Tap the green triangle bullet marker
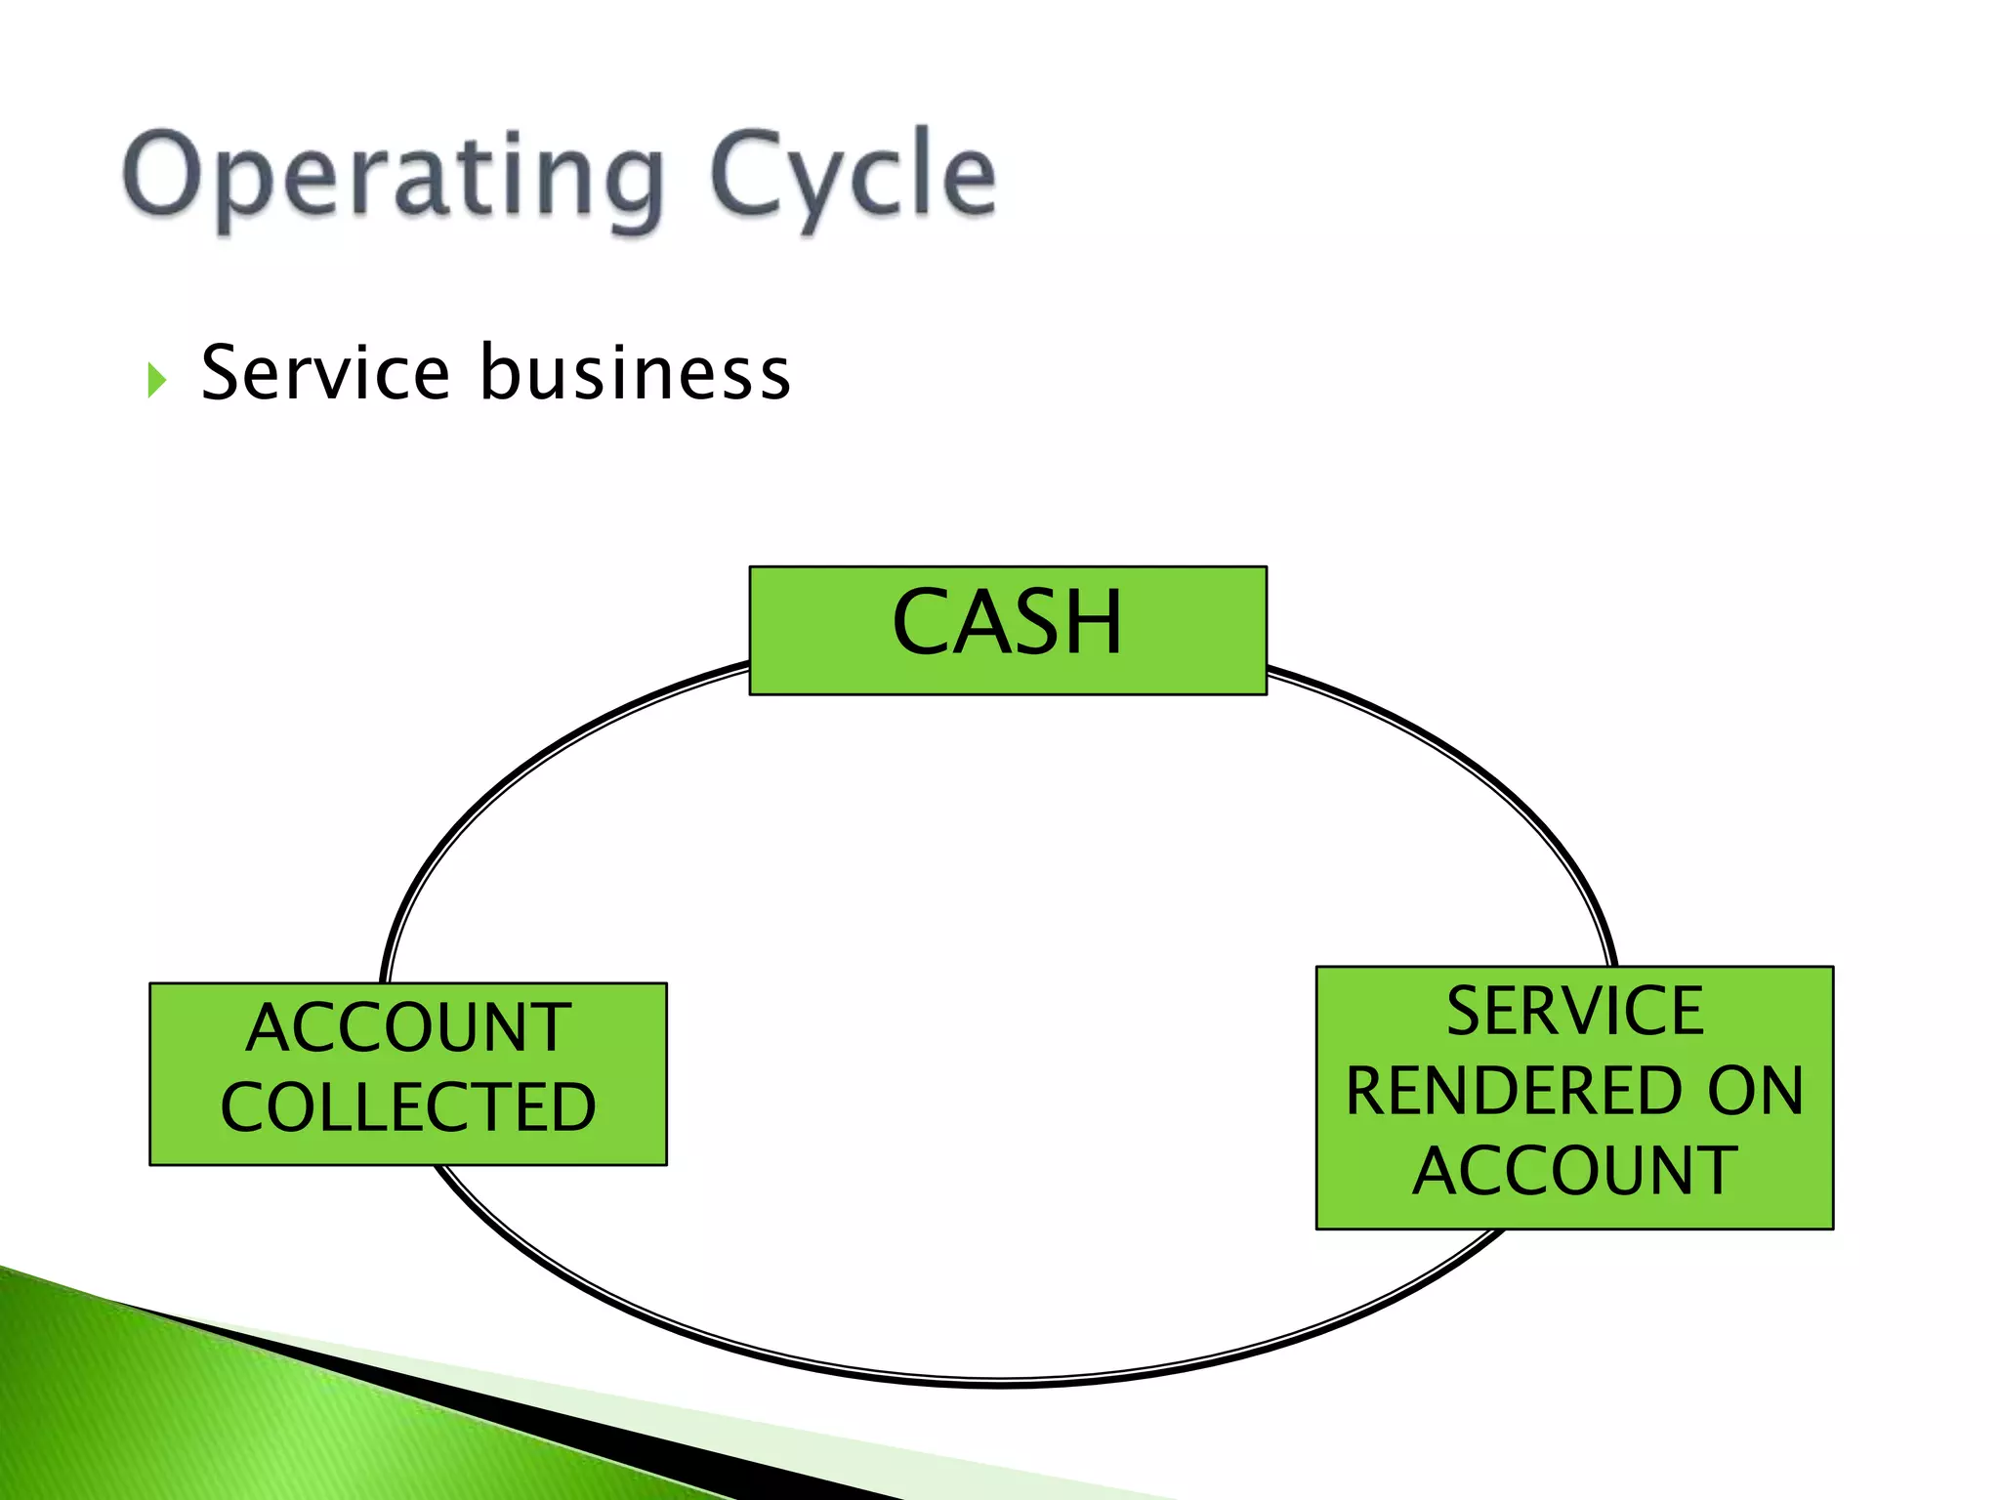(156, 380)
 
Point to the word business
(635, 373)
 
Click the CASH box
(1007, 630)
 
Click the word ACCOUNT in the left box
(408, 1028)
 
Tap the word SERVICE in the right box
(1574, 1012)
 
